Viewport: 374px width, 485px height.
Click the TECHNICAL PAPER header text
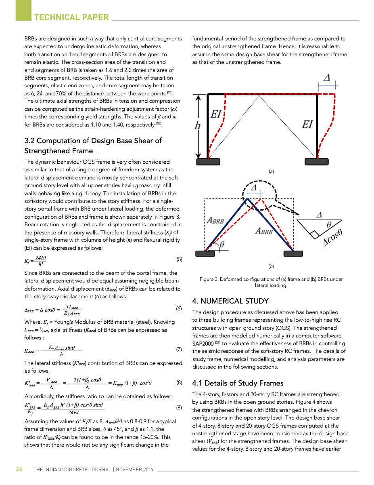pyautogui.click(x=71, y=17)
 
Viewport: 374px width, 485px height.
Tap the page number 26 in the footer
pyautogui.click(x=19, y=469)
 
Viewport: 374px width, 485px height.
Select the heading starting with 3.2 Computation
pyautogui.click(x=93, y=145)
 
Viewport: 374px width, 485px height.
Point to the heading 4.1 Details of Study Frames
pyautogui.click(x=238, y=383)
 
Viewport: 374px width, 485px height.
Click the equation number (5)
pyautogui.click(x=180, y=259)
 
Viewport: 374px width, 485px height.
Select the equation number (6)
pyautogui.click(x=180, y=309)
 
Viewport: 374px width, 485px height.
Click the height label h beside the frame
pyautogui.click(x=198, y=125)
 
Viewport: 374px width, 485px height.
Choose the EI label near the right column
pyautogui.click(x=307, y=124)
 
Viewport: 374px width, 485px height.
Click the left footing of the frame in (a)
pyautogui.click(x=208, y=162)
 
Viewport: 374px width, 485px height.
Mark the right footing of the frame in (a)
pyautogui.click(x=316, y=162)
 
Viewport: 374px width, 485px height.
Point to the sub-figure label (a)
pyautogui.click(x=272, y=171)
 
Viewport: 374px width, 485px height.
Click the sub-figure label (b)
pyautogui.click(x=272, y=267)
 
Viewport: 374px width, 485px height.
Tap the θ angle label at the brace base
pyautogui.click(x=222, y=244)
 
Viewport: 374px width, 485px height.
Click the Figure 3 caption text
pyautogui.click(x=271, y=282)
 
